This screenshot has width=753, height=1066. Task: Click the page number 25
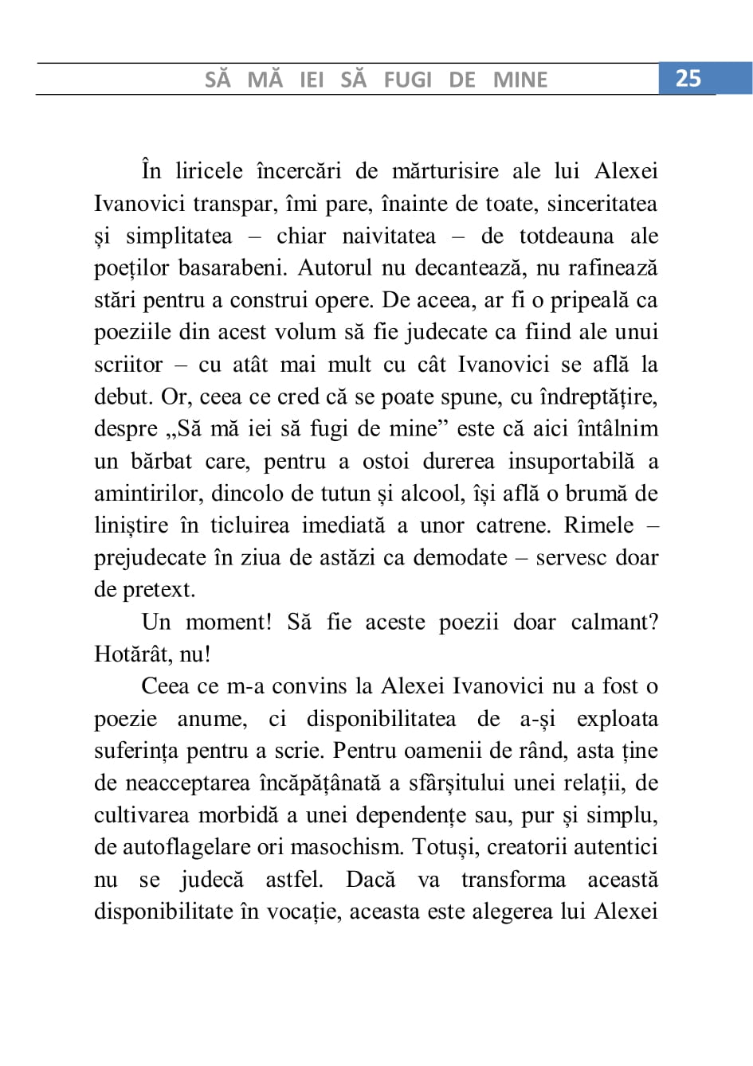[688, 78]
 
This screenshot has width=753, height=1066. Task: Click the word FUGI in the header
[407, 80]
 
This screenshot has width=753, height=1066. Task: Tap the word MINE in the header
[520, 80]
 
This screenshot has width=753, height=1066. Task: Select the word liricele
[209, 171]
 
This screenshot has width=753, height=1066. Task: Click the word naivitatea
[389, 236]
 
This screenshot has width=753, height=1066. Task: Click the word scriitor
[128, 365]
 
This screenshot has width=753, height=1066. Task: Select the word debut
[123, 396]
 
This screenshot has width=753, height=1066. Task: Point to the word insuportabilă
[571, 462]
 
